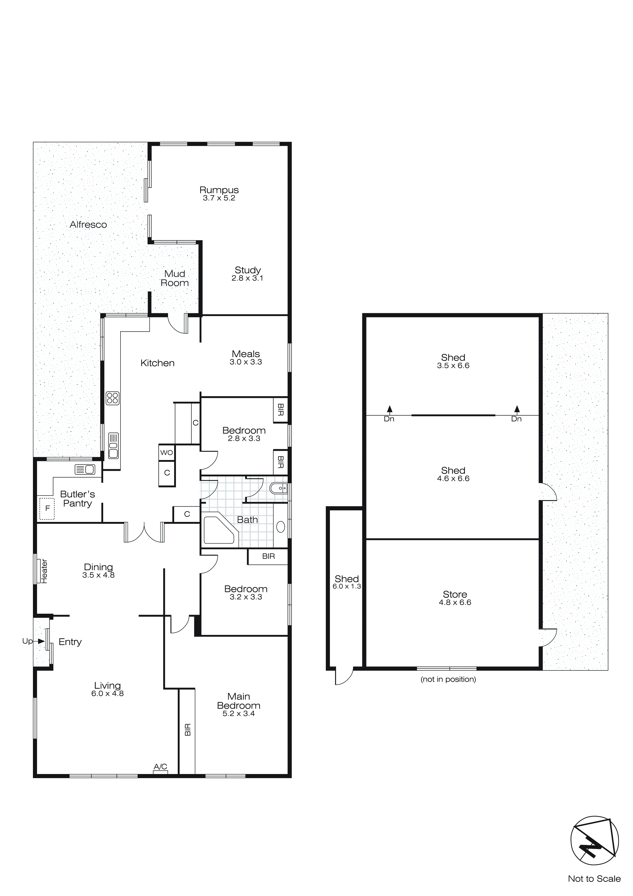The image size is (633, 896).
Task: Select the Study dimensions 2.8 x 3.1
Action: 247,278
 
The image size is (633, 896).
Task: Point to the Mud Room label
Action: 175,278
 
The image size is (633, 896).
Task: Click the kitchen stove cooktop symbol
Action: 112,398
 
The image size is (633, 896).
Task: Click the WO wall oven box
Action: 166,453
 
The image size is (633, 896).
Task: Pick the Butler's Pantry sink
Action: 85,469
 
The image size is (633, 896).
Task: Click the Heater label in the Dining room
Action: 44,571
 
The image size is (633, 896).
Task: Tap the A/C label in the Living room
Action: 160,767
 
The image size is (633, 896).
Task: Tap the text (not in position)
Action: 448,679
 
